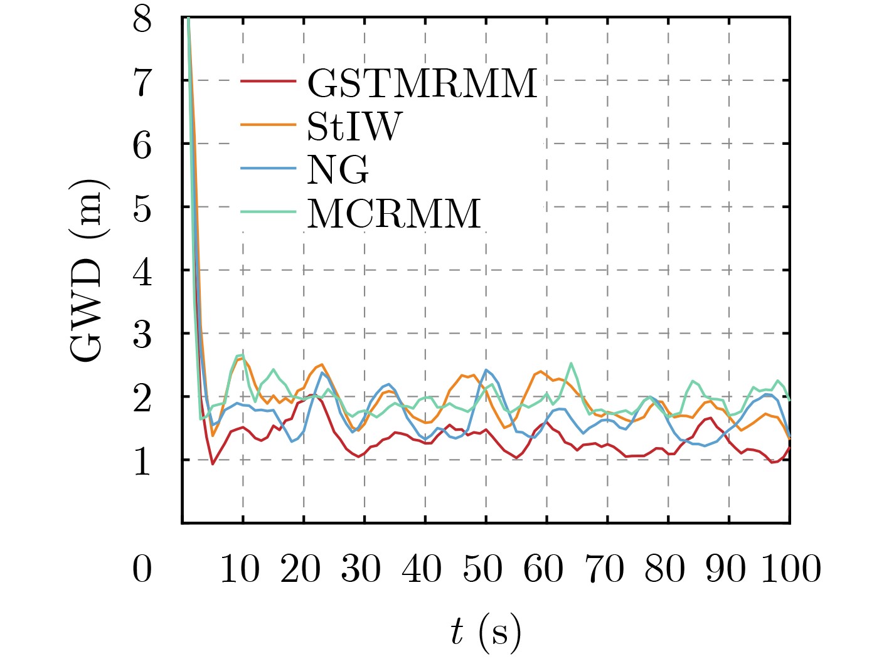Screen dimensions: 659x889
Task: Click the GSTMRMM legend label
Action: [x=422, y=83]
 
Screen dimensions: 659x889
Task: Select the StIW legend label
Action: [x=354, y=126]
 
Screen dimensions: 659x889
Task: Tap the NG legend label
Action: [x=338, y=169]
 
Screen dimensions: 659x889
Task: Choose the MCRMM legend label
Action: [x=394, y=213]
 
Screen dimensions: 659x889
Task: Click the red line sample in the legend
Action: [x=269, y=82]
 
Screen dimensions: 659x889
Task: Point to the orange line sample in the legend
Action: [x=269, y=125]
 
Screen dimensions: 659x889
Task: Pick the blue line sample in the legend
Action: [x=269, y=168]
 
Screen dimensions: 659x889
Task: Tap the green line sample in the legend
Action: [x=269, y=212]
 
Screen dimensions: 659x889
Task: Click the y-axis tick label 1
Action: [x=142, y=461]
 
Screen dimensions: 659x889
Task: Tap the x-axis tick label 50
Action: [x=483, y=569]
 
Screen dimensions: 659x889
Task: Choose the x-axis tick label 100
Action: [x=791, y=569]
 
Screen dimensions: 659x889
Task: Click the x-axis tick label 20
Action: [x=301, y=569]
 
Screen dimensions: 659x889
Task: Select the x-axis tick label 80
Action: [x=666, y=569]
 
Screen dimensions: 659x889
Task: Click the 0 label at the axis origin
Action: [x=142, y=569]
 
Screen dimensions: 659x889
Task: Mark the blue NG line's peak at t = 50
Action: [x=486, y=370]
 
